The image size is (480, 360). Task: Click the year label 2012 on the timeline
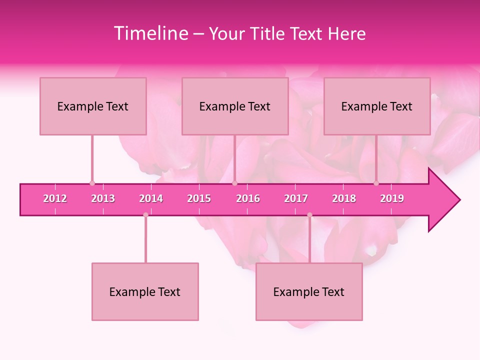55,198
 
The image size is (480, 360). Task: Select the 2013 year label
103,198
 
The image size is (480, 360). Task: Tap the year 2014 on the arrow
151,198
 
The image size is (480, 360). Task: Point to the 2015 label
199,198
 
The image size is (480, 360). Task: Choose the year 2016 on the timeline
248,198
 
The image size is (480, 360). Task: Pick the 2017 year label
296,198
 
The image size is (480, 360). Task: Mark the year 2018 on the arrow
344,198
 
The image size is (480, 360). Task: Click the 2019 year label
392,198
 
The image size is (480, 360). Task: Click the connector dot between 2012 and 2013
92,183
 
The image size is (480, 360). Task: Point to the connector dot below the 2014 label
145,215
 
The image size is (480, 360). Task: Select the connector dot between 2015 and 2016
234,183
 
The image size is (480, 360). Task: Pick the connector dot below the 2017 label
309,215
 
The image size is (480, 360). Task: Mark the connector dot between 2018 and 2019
376,183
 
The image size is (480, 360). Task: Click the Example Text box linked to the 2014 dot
145,291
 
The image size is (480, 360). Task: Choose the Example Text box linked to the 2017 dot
309,291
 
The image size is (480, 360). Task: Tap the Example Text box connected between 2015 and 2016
235,106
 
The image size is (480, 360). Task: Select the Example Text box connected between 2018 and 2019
377,106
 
